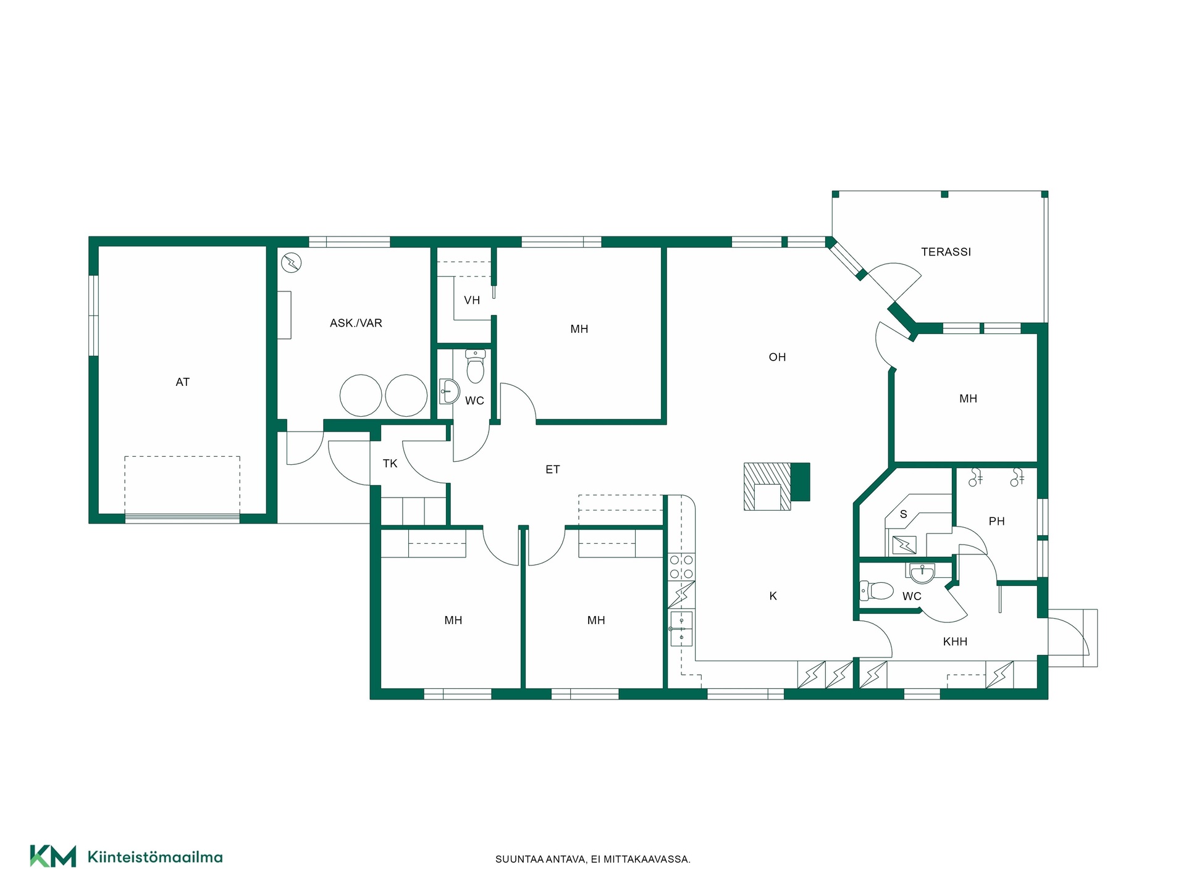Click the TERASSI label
tap(946, 252)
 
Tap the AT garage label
tap(182, 382)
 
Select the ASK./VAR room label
tap(356, 323)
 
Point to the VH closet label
tap(472, 301)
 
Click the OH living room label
tap(777, 357)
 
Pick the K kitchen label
tap(773, 596)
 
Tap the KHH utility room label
tap(955, 642)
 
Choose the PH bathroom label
tap(996, 522)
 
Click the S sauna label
tap(903, 514)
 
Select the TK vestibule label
tap(390, 464)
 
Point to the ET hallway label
tap(552, 470)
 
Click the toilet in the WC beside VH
tap(475, 367)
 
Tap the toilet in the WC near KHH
tap(877, 591)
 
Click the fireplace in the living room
tap(776, 486)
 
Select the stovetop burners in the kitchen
tap(681, 567)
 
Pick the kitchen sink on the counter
tap(681, 628)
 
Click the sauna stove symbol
tap(904, 545)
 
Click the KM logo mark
tap(53, 856)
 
